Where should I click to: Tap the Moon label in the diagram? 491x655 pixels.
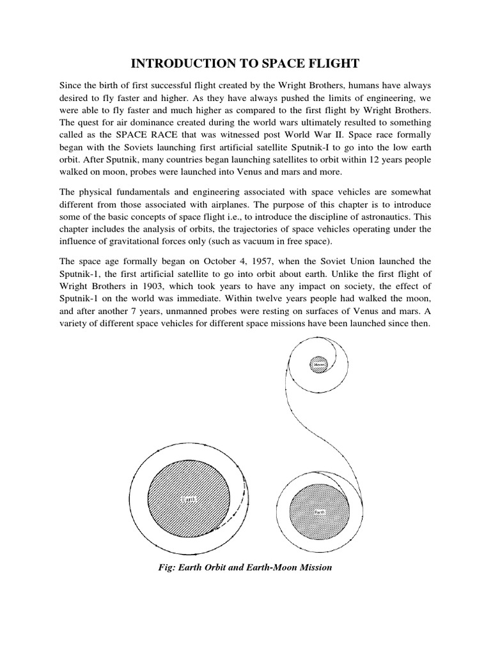click(319, 365)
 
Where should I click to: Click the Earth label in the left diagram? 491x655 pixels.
click(189, 499)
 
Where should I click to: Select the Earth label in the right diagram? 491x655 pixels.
click(319, 512)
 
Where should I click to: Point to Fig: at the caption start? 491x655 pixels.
click(168, 567)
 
